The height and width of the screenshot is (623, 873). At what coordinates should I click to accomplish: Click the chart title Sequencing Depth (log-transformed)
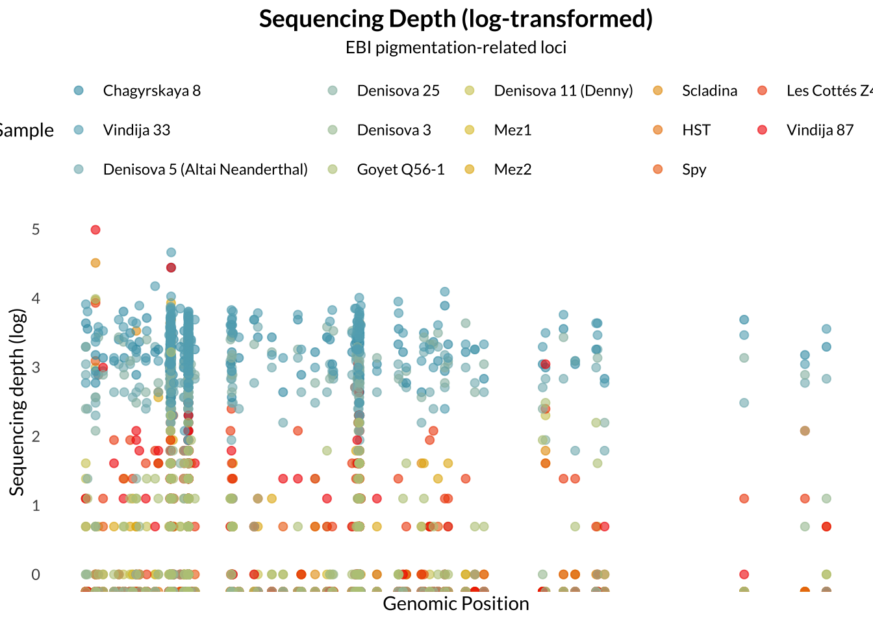click(455, 19)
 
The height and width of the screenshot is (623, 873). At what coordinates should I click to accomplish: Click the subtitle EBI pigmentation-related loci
click(455, 47)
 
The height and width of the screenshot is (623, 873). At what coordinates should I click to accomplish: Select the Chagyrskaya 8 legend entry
click(151, 91)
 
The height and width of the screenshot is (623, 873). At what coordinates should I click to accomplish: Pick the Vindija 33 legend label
click(136, 130)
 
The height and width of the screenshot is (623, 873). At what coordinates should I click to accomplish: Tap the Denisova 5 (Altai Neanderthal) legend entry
click(205, 170)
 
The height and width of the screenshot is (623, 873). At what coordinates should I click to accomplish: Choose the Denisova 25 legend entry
click(398, 91)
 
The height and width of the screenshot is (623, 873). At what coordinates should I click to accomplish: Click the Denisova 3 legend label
click(394, 130)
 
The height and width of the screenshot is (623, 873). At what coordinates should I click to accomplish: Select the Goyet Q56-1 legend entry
click(401, 170)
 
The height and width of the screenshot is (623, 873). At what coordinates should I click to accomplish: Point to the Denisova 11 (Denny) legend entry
click(563, 91)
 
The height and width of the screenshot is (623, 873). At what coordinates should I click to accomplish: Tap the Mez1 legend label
click(512, 130)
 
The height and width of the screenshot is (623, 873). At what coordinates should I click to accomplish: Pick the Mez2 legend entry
click(512, 170)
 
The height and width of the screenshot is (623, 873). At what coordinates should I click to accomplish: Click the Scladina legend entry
click(709, 91)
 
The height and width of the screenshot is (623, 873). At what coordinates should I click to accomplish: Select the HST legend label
click(696, 130)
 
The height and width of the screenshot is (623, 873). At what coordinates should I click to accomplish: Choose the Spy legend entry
click(694, 170)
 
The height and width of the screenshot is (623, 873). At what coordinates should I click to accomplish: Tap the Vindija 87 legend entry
click(820, 130)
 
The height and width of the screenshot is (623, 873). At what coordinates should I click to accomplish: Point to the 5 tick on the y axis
click(36, 230)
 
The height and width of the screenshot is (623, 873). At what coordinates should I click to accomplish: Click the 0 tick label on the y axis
click(36, 574)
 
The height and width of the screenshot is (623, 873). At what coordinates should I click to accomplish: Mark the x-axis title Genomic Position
click(455, 604)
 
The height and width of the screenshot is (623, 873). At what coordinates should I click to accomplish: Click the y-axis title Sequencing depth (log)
click(18, 402)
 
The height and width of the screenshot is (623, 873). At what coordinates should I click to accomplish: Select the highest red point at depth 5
click(95, 230)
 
